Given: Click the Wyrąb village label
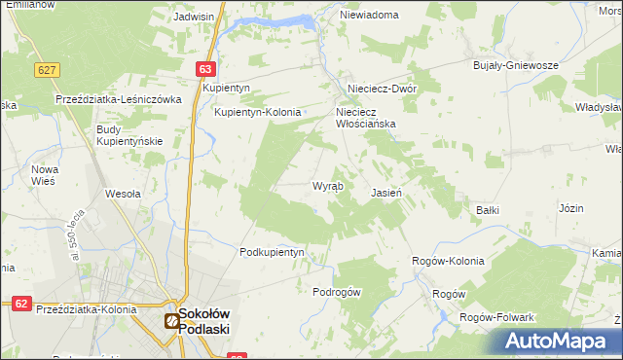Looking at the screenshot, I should click(x=326, y=186).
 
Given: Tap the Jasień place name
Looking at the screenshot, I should click(x=386, y=193).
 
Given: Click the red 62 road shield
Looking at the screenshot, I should click(x=20, y=304).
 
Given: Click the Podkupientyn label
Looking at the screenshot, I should click(x=273, y=252).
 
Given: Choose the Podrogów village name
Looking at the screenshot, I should click(x=337, y=292).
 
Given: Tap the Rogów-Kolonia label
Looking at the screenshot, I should click(x=448, y=261).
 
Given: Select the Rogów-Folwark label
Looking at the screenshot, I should click(x=501, y=318).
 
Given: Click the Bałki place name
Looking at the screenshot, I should click(x=487, y=209).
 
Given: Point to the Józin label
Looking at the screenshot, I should click(x=570, y=208).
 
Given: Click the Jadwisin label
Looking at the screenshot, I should click(x=194, y=17).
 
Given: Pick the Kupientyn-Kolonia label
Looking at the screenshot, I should click(x=260, y=112).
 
